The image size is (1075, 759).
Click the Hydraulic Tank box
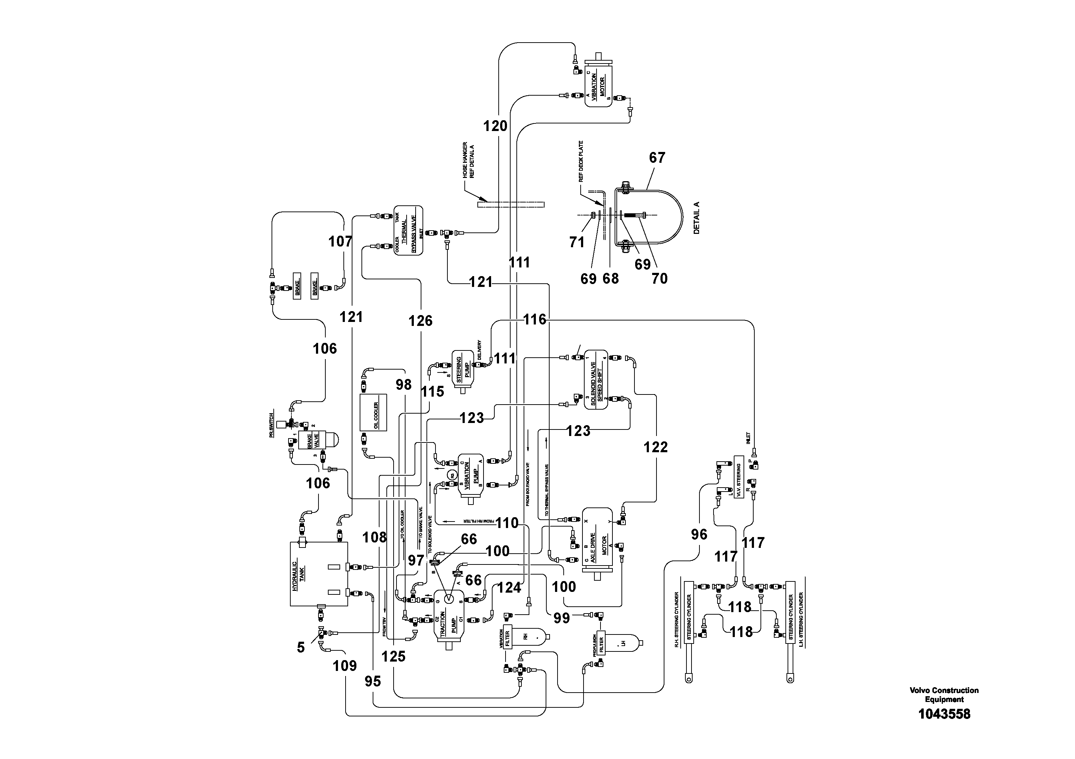(x=318, y=574)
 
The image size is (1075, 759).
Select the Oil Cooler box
(x=373, y=412)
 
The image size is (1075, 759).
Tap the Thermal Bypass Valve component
(x=408, y=230)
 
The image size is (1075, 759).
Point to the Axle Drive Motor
(x=597, y=539)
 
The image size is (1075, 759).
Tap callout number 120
(x=495, y=126)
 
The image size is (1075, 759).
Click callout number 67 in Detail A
(x=657, y=158)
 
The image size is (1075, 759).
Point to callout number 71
(x=576, y=242)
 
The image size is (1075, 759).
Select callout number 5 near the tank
(x=300, y=647)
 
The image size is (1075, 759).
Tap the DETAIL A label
(x=696, y=218)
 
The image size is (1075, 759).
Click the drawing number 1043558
(x=944, y=714)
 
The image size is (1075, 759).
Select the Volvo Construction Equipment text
(x=944, y=695)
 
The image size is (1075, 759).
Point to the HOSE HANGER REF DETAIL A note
(x=468, y=160)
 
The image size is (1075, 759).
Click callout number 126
(x=420, y=320)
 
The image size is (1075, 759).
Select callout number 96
(x=699, y=535)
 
